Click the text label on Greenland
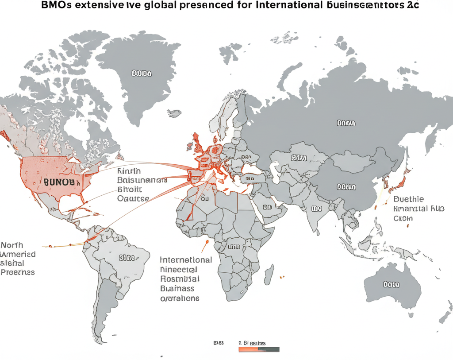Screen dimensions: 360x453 pos(142,73)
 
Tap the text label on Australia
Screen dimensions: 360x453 pos(391,284)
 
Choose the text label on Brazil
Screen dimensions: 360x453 pos(127,257)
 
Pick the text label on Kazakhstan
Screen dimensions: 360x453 pos(299,157)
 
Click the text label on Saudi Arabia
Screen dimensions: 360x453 pos(267,207)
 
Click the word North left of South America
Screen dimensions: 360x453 pos(12,245)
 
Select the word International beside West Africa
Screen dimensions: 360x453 pos(186,260)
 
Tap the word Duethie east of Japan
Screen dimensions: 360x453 pos(408,199)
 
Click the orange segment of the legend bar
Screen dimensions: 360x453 pos(248,349)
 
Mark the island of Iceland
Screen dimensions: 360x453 pos(175,113)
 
